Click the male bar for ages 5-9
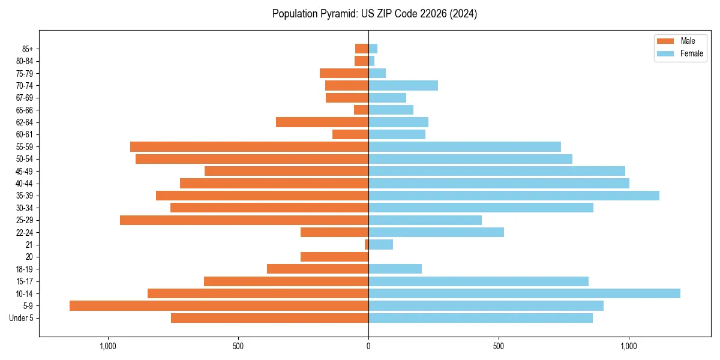219,305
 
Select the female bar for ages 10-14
524,293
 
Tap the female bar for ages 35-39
514,196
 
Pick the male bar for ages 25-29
244,220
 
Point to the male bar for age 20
334,257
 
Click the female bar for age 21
380,244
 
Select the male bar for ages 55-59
249,146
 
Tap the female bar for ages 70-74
403,85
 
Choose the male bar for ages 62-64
322,122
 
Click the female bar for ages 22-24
436,232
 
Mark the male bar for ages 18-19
317,269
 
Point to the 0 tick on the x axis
368,346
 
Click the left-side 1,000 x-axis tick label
108,346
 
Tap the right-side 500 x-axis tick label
499,346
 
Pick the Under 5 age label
22,318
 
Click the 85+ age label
28,49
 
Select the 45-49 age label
25,171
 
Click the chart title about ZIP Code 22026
374,14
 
